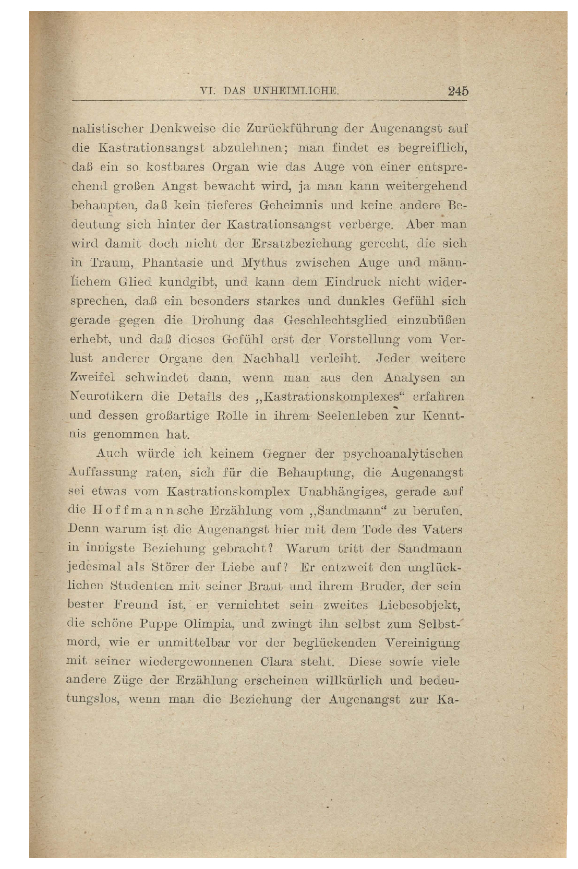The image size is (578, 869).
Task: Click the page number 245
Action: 458,91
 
